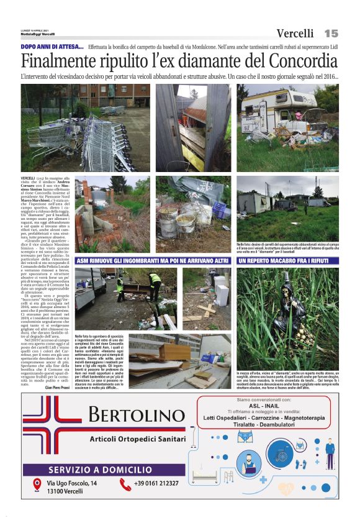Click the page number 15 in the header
pyautogui.click(x=330, y=33)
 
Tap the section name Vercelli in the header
pyautogui.click(x=295, y=33)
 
